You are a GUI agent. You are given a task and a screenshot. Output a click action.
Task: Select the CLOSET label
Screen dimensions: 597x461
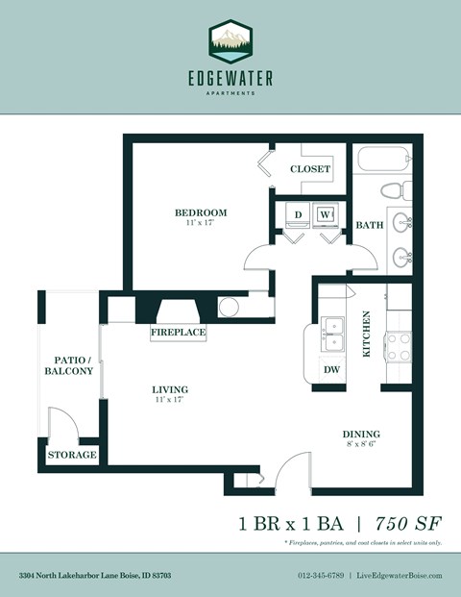click(x=310, y=169)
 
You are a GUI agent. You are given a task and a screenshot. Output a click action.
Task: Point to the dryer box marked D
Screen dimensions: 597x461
click(x=298, y=213)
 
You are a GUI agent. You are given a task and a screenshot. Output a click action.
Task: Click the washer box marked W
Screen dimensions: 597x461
click(x=326, y=213)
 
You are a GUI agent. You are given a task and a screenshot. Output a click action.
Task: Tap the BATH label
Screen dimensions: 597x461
click(x=370, y=225)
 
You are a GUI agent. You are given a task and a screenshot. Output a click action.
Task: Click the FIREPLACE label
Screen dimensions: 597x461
click(x=179, y=333)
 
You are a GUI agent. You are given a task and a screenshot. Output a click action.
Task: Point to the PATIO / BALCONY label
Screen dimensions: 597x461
click(x=67, y=364)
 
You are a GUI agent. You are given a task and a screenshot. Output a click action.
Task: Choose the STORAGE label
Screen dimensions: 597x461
click(x=72, y=455)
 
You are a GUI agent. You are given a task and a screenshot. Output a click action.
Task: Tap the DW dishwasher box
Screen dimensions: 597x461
click(x=331, y=368)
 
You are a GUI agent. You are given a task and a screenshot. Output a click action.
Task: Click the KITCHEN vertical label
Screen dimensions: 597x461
click(x=366, y=334)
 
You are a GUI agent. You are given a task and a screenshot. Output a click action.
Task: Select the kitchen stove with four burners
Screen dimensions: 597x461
click(x=398, y=346)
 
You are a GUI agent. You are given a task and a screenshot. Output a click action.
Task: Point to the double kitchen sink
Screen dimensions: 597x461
click(x=333, y=334)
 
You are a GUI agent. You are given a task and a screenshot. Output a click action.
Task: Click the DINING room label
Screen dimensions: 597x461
click(x=360, y=434)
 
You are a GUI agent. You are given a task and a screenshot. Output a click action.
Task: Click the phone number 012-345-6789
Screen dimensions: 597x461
click(x=321, y=575)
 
